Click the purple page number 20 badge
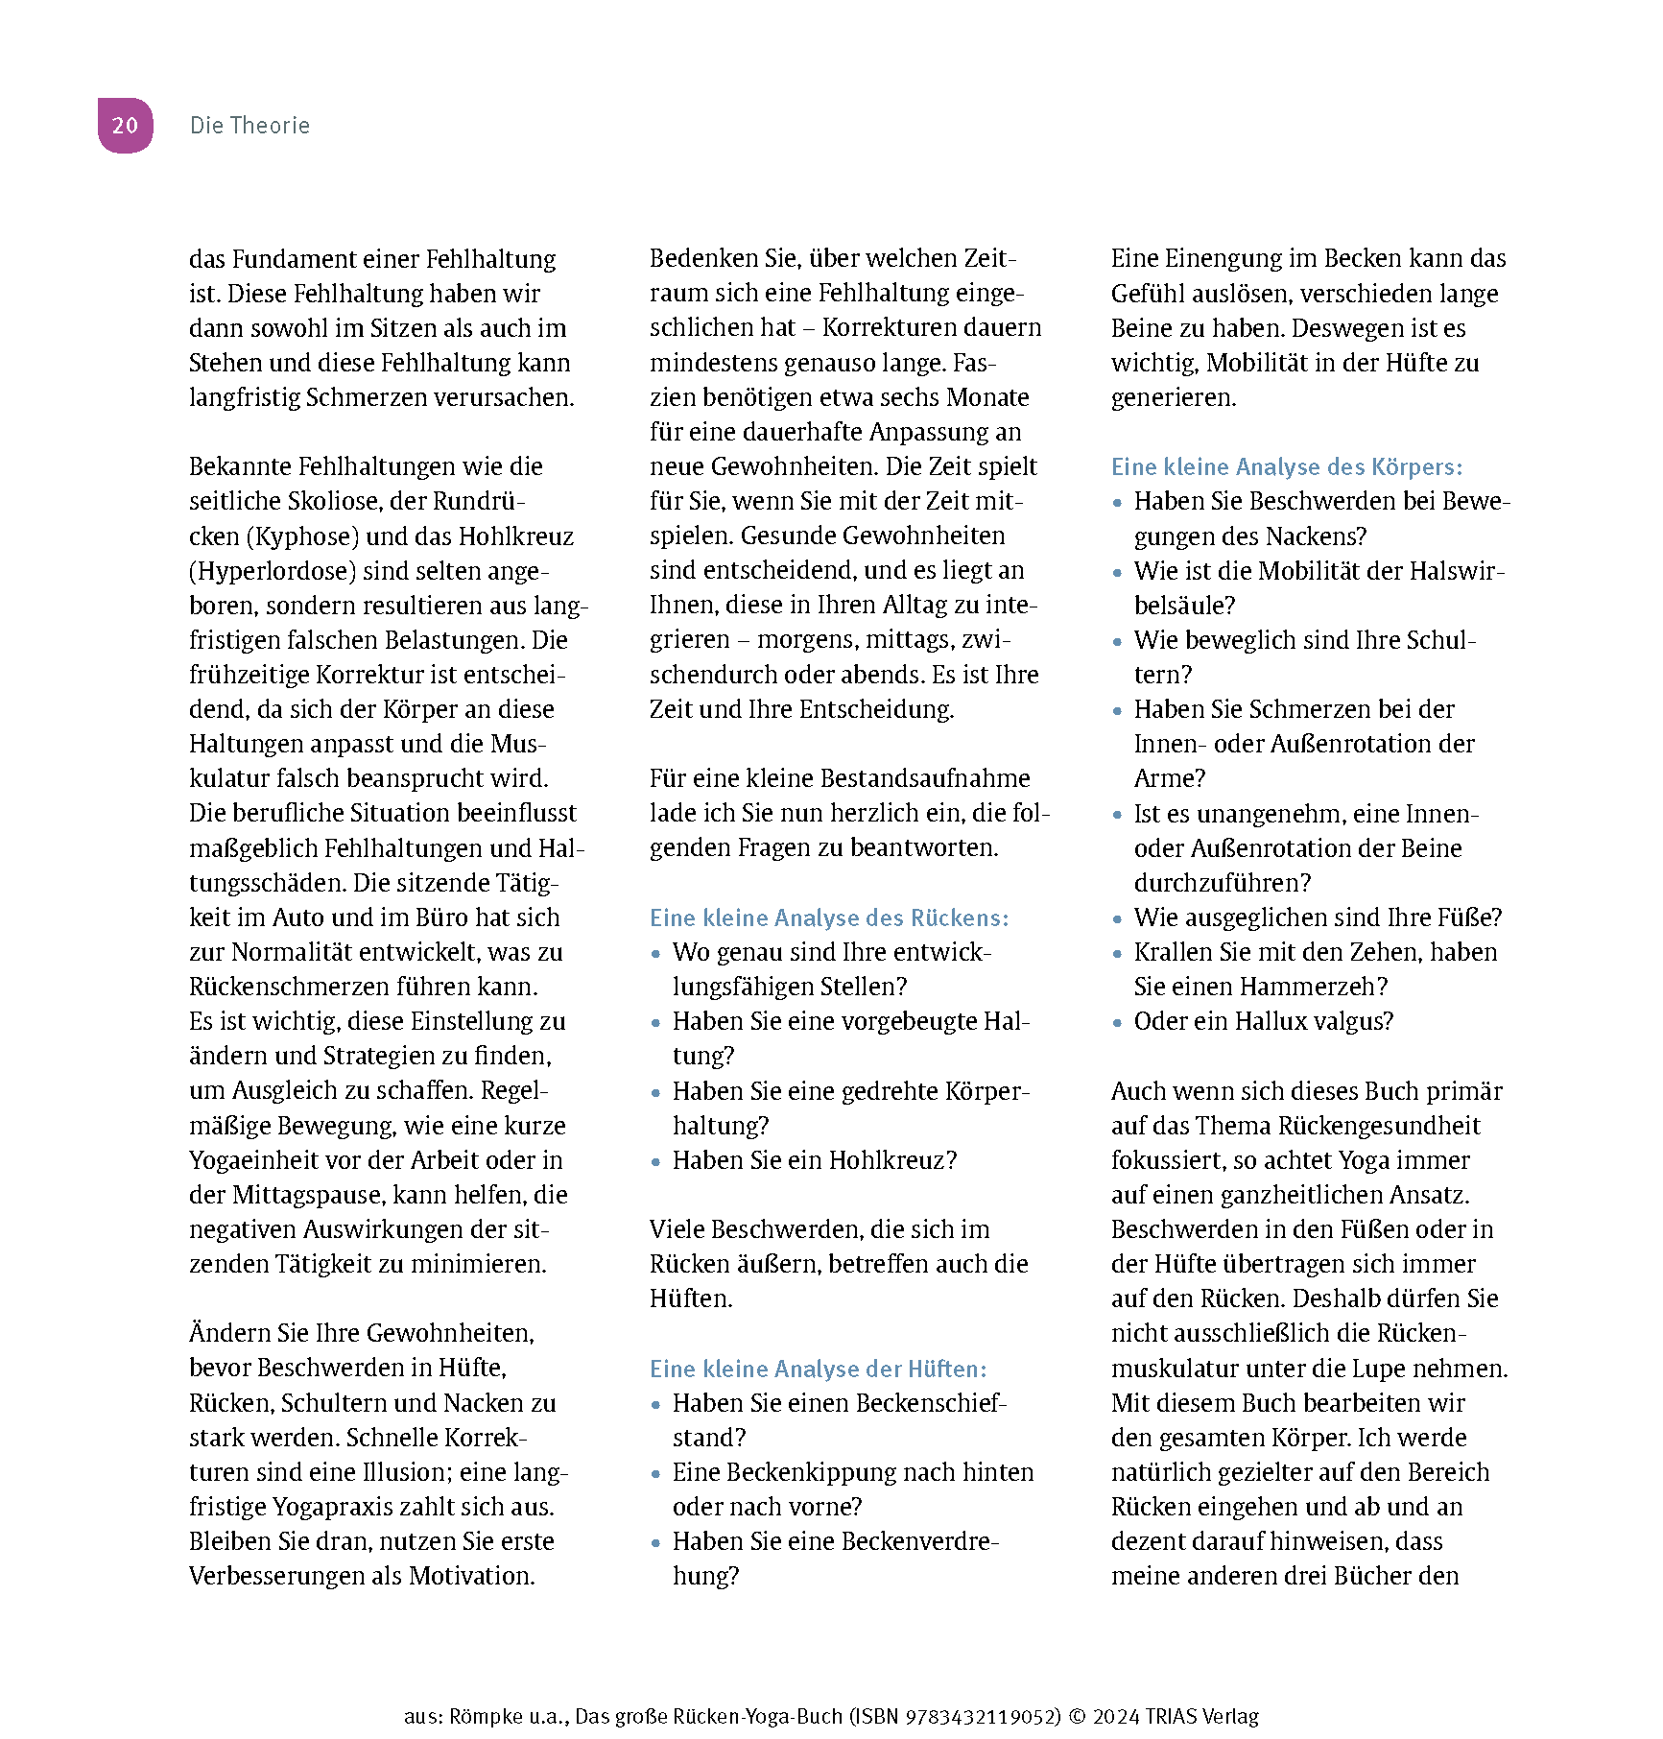125,126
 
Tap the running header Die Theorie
249,126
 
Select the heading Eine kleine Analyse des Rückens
829,918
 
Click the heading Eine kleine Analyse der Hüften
818,1370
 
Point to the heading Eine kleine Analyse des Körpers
1286,467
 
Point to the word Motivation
471,1576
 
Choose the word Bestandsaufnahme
925,778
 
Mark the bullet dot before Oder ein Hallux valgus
1117,1023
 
